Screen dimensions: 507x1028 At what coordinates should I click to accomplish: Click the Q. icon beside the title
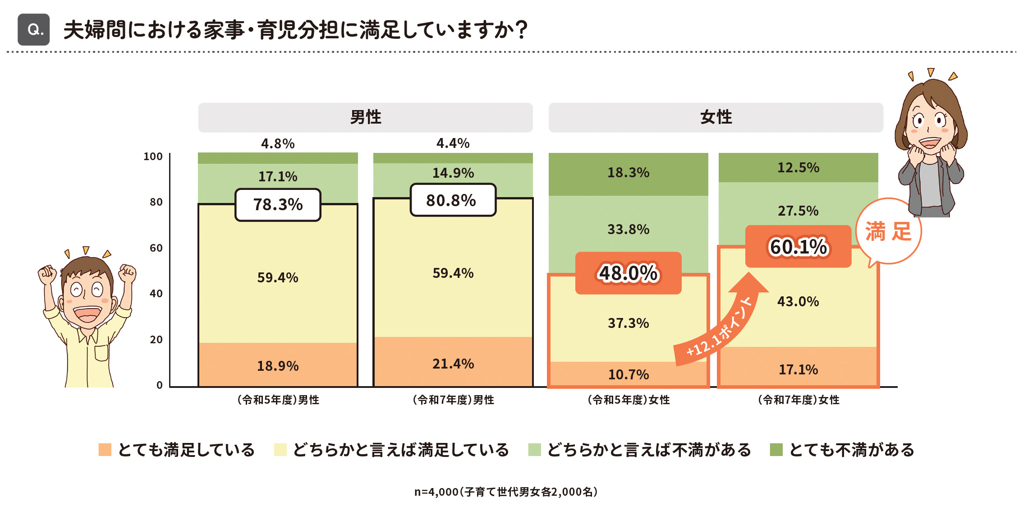[x=34, y=30]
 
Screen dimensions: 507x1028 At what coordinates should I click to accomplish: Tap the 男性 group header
[x=365, y=117]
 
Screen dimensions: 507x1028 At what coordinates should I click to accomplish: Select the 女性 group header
[x=716, y=117]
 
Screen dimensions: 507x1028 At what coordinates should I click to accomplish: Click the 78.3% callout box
[x=278, y=205]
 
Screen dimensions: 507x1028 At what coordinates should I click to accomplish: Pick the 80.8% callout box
[x=453, y=200]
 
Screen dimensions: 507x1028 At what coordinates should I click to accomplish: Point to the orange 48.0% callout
[x=628, y=273]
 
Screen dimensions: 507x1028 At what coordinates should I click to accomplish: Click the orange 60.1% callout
[x=798, y=247]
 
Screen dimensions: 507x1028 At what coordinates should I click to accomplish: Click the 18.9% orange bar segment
[x=278, y=365]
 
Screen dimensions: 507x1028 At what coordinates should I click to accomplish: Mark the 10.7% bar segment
[x=628, y=374]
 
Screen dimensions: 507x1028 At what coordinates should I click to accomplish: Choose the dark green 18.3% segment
[x=628, y=173]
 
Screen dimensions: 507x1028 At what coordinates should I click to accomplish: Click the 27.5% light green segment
[x=798, y=211]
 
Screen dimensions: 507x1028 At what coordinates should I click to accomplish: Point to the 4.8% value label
[x=278, y=144]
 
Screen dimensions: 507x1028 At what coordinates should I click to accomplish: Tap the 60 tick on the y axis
[x=156, y=248]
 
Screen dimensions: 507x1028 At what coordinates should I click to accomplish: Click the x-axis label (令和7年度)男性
[x=453, y=400]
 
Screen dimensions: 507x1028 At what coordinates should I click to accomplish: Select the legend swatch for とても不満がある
[x=776, y=450]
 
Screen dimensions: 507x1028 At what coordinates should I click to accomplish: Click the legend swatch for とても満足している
[x=105, y=450]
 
